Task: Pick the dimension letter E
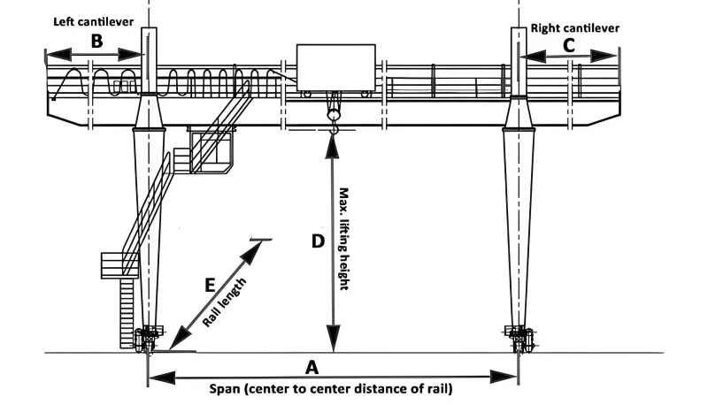[210, 285]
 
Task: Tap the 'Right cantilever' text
[574, 27]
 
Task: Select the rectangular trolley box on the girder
[335, 67]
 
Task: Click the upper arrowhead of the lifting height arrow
[333, 142]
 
